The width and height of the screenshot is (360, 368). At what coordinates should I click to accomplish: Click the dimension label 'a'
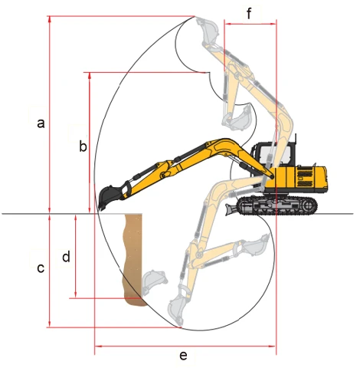pos(41,123)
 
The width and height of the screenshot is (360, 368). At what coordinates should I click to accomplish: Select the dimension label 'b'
pos(83,146)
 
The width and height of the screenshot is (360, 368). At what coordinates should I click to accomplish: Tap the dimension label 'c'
pos(41,268)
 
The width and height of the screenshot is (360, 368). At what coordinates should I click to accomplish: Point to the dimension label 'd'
pos(66,256)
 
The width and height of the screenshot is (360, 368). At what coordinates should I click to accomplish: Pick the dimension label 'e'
pos(183,356)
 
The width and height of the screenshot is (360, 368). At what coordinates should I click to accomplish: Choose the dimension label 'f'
pos(249,13)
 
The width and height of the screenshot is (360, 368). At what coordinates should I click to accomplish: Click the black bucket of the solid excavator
pos(110,197)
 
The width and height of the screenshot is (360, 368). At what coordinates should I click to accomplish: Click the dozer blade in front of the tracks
pos(231,209)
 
